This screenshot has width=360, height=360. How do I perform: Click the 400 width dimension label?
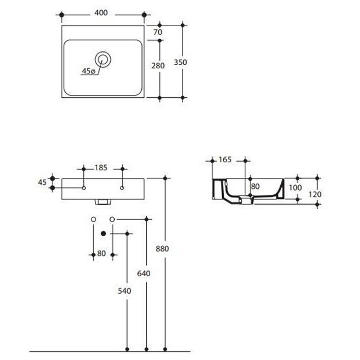[102, 13]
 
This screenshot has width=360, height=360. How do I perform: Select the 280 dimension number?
[158, 65]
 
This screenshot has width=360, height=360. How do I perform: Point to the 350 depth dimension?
[180, 63]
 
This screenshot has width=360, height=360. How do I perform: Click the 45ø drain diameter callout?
[88, 71]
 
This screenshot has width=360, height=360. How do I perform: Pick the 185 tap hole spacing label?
[101, 168]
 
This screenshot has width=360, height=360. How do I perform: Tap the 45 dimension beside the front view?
[43, 182]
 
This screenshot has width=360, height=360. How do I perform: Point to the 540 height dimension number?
[124, 291]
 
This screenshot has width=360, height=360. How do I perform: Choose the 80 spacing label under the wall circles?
[101, 254]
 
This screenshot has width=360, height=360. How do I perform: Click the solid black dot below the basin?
[103, 234]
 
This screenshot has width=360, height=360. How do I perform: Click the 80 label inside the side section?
[255, 186]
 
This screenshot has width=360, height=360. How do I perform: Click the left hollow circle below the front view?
[93, 219]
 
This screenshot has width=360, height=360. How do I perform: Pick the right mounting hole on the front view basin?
[122, 187]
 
